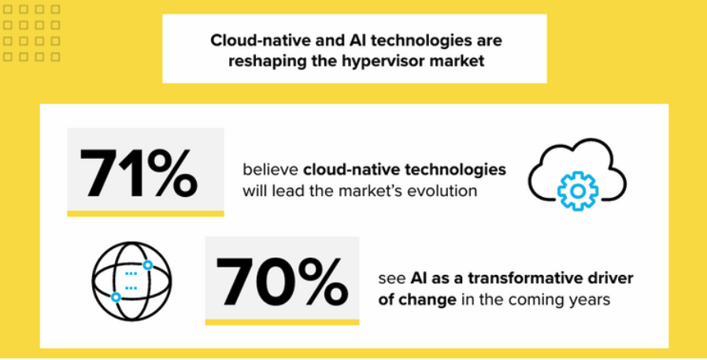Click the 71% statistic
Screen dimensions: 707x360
click(x=139, y=173)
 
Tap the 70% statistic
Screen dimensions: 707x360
click(x=282, y=281)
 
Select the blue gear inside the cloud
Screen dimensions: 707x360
click(x=578, y=191)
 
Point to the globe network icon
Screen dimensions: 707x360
click(x=131, y=280)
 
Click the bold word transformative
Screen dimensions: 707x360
click(x=519, y=278)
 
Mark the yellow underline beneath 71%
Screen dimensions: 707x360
click(x=146, y=213)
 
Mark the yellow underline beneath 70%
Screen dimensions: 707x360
click(x=283, y=321)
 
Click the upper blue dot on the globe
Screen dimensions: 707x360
click(x=147, y=265)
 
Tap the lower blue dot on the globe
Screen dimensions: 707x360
click(x=116, y=297)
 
